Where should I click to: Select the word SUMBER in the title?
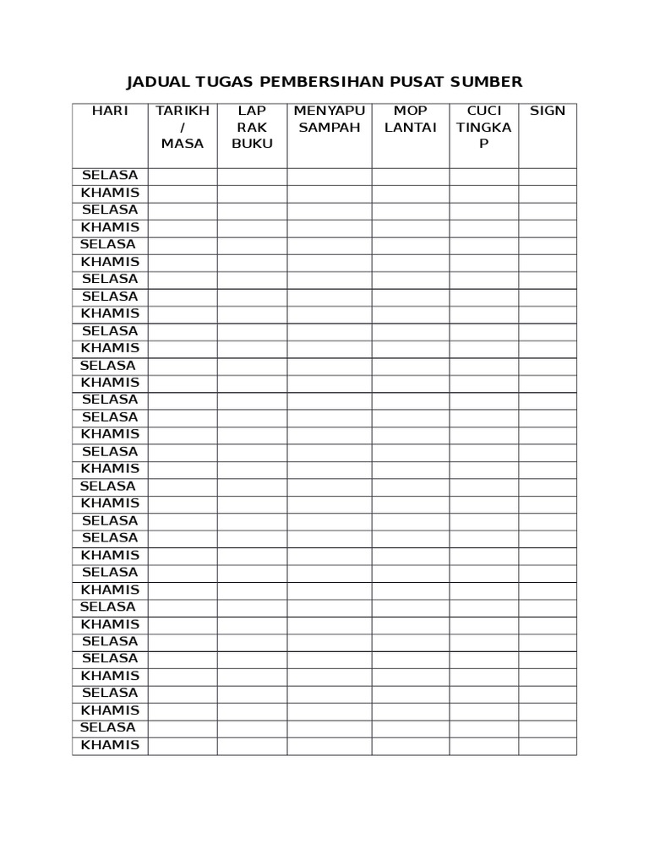487,82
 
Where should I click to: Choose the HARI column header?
110,111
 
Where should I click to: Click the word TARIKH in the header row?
183,111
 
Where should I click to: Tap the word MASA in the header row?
183,144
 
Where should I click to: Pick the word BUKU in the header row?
252,144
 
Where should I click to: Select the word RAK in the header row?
252,127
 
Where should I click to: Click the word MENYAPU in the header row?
329,111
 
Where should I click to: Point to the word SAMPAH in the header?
329,127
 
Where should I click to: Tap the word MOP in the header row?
411,111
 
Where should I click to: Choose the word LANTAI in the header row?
411,127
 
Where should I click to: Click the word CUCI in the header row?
484,111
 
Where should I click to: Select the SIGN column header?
548,111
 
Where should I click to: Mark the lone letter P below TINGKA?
484,144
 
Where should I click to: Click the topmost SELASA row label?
110,176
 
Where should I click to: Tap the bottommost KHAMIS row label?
110,745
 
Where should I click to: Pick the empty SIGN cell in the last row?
548,746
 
